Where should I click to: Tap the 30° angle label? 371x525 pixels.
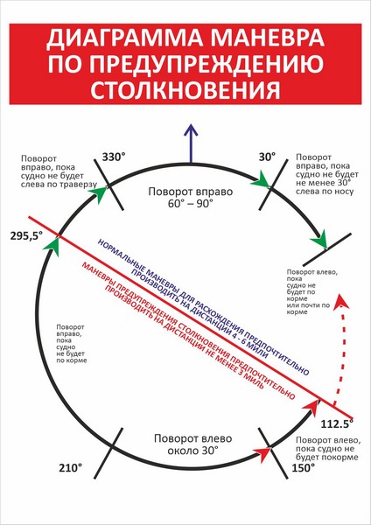[x=267, y=157]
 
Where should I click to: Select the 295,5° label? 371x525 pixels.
[x=26, y=236]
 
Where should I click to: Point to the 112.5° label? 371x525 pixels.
[x=337, y=423]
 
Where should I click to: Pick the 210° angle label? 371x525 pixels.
[x=71, y=468]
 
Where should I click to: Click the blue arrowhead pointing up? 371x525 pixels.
[x=191, y=130]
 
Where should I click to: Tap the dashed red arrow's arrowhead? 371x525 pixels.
[x=341, y=302]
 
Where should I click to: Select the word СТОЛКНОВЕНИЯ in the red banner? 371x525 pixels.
[x=185, y=89]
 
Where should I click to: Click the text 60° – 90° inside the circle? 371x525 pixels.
[x=191, y=203]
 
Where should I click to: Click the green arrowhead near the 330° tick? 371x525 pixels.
[x=99, y=194]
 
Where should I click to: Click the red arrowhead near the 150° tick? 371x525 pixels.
[x=262, y=454]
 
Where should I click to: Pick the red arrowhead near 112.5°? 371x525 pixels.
[x=311, y=408]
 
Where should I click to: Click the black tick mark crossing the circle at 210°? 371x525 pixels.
[x=108, y=452]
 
